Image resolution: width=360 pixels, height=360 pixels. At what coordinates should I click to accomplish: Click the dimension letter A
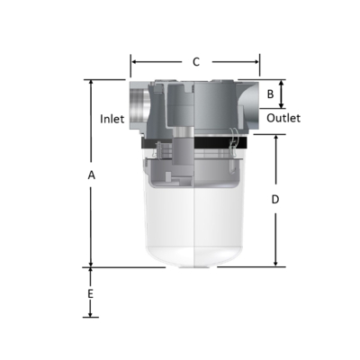coord(91,176)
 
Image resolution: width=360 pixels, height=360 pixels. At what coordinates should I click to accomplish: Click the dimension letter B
coord(271,94)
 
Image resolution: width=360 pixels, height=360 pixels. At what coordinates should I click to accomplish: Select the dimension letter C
coord(196,62)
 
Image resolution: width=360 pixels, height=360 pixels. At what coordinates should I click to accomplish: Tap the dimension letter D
coord(275,200)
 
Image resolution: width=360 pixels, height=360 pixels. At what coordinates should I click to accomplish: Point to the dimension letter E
coord(90,294)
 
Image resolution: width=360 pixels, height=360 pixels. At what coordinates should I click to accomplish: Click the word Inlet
coord(112,118)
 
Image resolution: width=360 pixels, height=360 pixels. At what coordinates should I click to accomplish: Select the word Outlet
coord(283,118)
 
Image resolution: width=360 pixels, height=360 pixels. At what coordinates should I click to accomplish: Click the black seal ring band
coord(194,144)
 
